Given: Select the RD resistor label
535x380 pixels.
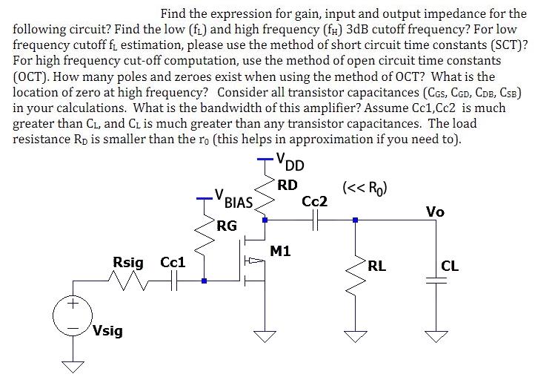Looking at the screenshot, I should tap(288, 185).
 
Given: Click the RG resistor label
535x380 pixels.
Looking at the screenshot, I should tap(227, 225).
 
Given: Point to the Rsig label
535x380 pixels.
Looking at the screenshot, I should tap(128, 262).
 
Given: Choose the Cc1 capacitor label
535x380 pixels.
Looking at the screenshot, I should tap(173, 262).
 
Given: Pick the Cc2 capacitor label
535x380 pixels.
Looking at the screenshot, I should tap(314, 201).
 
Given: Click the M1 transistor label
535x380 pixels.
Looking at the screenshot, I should tap(280, 252).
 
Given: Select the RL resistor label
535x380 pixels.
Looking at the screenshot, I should tap(376, 265).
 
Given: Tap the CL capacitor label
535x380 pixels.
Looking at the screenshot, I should tap(450, 265).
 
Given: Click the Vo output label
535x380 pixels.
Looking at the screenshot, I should tap(435, 212).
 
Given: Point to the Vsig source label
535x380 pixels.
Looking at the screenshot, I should tap(108, 331).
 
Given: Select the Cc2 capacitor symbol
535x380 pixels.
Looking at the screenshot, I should tap(316, 220).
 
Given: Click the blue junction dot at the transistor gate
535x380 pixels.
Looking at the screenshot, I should tap(204, 281).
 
